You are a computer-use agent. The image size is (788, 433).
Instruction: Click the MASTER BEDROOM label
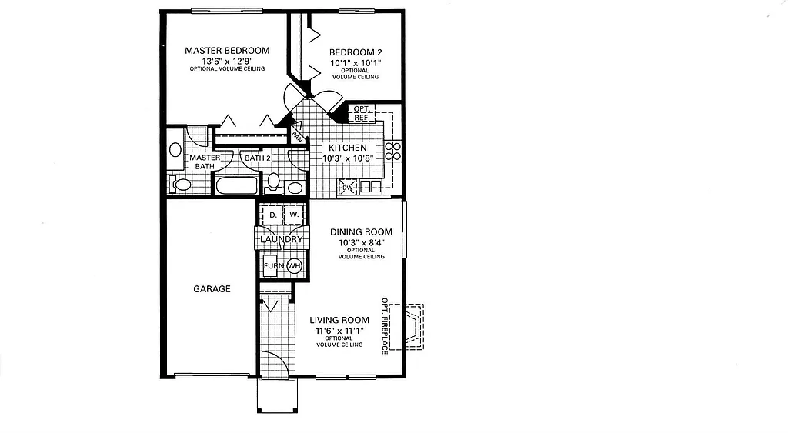coord(226,51)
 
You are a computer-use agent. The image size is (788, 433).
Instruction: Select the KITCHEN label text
coord(348,148)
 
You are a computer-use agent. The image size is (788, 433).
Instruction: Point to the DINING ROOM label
coord(361,231)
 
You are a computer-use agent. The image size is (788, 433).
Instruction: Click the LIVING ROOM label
coord(339,320)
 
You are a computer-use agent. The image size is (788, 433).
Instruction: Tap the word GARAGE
coord(212,289)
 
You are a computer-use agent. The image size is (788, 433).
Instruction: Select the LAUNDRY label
coord(282,240)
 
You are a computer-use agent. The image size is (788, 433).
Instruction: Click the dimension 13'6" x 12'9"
coord(226,61)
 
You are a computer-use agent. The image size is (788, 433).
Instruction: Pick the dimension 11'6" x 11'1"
coord(339,330)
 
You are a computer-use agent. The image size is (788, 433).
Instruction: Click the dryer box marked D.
coord(272,215)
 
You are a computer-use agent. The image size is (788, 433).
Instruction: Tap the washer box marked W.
coord(293,215)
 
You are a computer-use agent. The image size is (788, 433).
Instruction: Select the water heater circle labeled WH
coord(295,266)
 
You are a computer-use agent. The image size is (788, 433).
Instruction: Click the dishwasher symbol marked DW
coord(346,187)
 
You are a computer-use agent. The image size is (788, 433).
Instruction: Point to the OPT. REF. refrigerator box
coord(361,113)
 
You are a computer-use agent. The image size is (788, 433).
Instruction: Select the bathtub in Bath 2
coord(238,185)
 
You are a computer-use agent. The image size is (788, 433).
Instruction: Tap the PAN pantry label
coord(296,134)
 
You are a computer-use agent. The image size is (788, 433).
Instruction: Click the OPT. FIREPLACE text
coord(385,326)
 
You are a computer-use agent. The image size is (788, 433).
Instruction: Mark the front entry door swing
coord(275,365)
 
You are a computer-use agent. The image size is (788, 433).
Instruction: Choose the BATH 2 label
coord(257,158)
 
